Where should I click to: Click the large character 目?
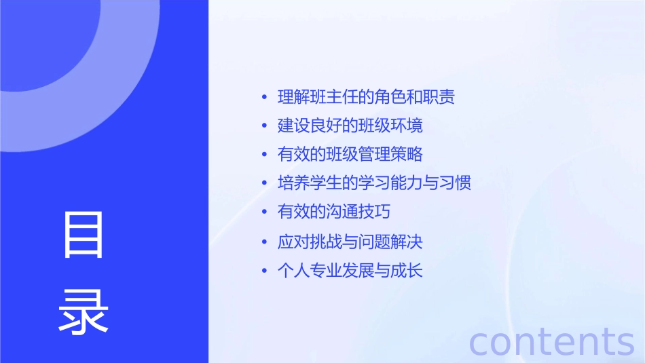point(84,235)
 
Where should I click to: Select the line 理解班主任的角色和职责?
point(366,96)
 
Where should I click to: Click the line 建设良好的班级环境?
point(350,126)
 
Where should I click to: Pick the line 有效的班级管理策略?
point(350,154)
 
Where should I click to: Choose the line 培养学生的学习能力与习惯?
point(374,183)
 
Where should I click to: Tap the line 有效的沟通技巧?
point(334,211)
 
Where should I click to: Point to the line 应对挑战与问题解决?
point(350,242)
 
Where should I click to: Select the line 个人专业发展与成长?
point(350,271)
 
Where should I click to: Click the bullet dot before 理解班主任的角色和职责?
point(265,97)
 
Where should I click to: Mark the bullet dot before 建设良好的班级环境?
point(265,126)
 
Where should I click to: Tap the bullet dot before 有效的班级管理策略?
point(265,155)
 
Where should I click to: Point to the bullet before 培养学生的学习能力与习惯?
point(265,183)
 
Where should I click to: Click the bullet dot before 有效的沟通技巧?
point(265,212)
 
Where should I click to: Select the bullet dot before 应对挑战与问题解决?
point(265,242)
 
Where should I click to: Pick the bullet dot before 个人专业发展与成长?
point(265,271)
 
